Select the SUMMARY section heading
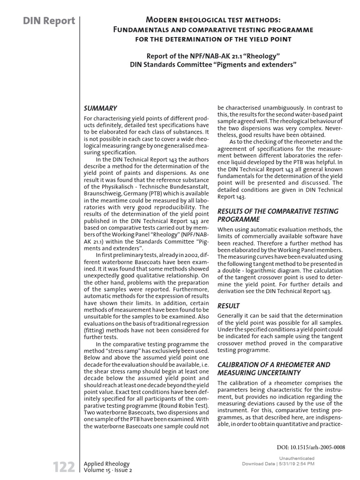(x=100, y=108)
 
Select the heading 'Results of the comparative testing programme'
(x=277, y=215)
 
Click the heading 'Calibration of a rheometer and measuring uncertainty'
(x=274, y=368)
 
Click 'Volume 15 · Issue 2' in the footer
(x=108, y=470)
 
